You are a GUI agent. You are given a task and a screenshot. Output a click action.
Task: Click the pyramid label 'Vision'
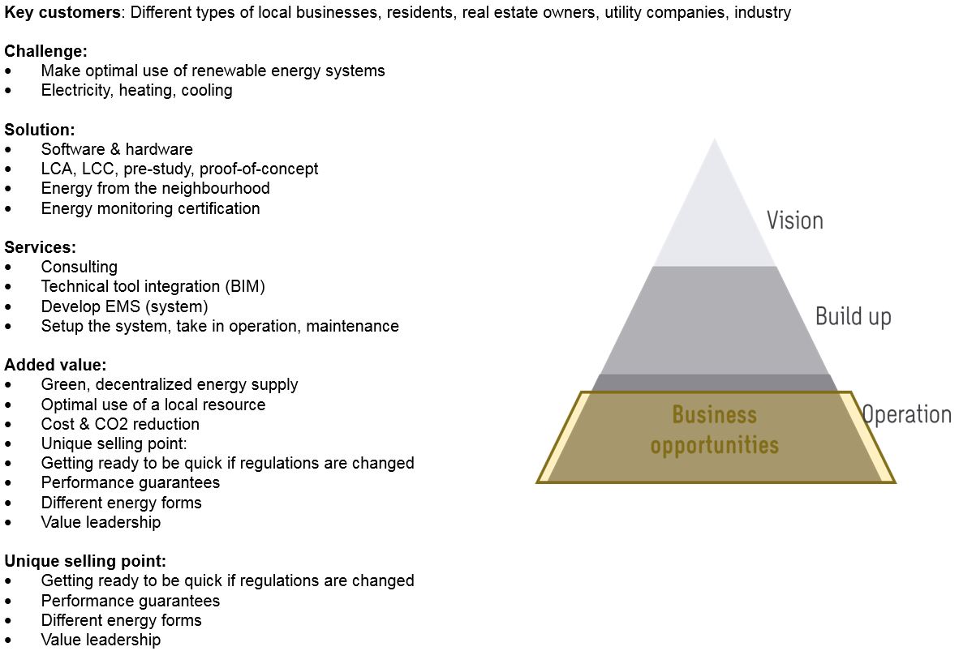click(x=794, y=221)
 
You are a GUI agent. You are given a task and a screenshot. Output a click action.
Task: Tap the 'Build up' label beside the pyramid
click(x=853, y=315)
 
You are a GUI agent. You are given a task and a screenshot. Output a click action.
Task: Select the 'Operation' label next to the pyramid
click(x=906, y=414)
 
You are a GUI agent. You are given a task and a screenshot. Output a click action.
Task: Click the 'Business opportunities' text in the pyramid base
click(x=714, y=430)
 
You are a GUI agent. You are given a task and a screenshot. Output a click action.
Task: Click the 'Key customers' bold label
click(x=62, y=12)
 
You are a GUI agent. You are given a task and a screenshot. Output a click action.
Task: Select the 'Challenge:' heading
click(x=45, y=51)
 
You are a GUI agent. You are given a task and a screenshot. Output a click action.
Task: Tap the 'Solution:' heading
click(x=40, y=130)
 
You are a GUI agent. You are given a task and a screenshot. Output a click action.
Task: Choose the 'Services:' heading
click(x=41, y=247)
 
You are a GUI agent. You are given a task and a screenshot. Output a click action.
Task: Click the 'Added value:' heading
click(x=55, y=365)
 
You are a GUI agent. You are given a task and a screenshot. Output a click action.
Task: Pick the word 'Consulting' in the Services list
click(x=80, y=267)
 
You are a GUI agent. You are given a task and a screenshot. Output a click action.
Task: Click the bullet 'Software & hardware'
click(x=117, y=149)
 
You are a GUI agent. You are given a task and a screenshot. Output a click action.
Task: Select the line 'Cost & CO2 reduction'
click(x=120, y=424)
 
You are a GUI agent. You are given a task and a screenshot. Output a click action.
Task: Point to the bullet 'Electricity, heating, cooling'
click(x=136, y=90)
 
